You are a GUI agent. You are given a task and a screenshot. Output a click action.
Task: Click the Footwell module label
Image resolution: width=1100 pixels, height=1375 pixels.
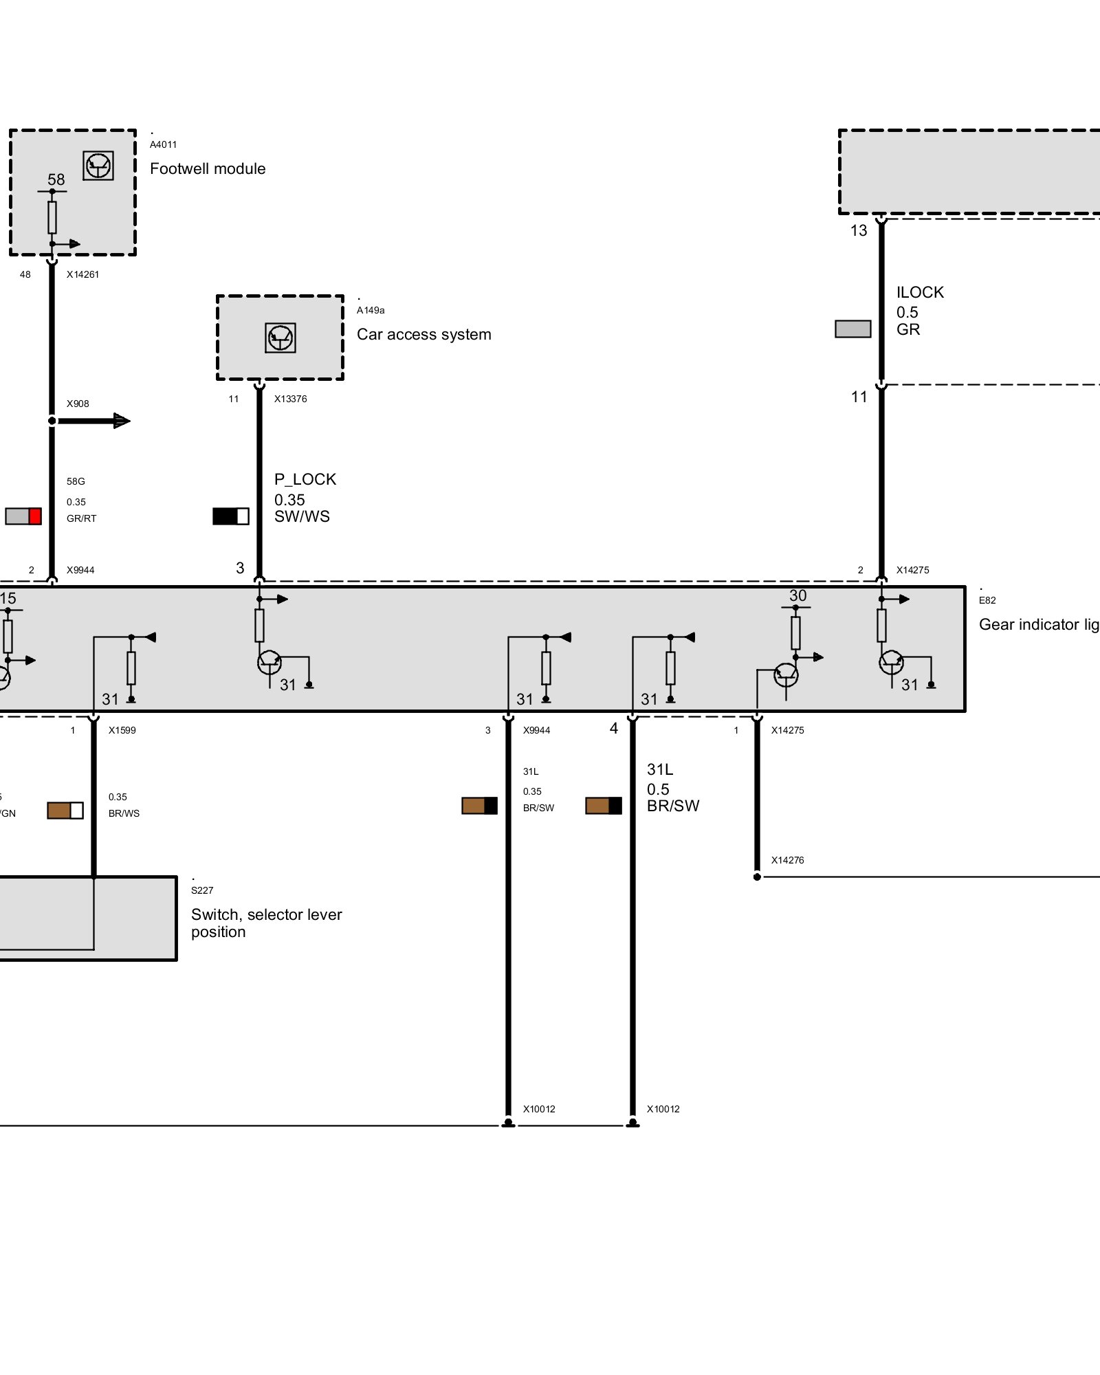[x=207, y=169]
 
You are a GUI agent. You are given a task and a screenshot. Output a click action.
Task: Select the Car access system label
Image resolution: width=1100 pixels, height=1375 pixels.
[x=423, y=335]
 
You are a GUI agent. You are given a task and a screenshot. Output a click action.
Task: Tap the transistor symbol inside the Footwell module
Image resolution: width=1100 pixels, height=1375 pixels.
[x=98, y=166]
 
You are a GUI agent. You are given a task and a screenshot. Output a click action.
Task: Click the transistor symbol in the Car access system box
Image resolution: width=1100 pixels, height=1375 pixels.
[x=280, y=338]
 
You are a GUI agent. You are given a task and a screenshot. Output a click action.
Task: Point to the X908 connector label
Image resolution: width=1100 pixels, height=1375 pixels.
[x=78, y=404]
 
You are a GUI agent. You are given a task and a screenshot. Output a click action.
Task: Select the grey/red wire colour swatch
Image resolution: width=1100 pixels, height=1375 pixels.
[x=23, y=516]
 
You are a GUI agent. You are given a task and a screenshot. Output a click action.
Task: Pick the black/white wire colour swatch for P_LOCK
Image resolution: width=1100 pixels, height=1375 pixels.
[x=230, y=516]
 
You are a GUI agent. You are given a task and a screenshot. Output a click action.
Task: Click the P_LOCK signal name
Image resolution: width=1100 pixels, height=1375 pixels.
[x=305, y=479]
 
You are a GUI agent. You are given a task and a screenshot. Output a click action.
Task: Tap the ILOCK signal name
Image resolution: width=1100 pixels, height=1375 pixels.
[x=920, y=292]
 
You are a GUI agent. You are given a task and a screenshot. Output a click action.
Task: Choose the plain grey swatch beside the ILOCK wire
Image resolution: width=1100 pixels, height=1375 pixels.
[x=852, y=329]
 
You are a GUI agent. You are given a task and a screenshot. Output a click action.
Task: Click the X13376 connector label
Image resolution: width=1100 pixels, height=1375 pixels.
[x=290, y=399]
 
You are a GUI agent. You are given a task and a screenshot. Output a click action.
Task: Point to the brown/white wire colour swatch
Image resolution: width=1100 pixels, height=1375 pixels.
[x=65, y=811]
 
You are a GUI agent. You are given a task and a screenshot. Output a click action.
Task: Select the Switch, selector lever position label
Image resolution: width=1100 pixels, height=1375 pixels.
[x=266, y=923]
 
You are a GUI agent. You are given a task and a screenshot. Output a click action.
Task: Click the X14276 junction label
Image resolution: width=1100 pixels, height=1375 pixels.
[x=787, y=860]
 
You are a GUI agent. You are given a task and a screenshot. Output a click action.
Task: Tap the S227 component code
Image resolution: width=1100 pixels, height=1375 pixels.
[x=202, y=890]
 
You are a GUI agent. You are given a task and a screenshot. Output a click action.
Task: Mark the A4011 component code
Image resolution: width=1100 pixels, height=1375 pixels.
[x=163, y=144]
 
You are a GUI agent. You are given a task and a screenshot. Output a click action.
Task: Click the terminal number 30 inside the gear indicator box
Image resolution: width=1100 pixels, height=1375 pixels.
[x=797, y=595]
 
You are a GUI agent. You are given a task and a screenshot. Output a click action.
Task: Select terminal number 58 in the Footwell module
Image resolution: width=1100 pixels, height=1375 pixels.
[x=56, y=179]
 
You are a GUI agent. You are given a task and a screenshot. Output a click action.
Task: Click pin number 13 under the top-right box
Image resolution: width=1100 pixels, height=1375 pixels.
[x=859, y=231]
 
